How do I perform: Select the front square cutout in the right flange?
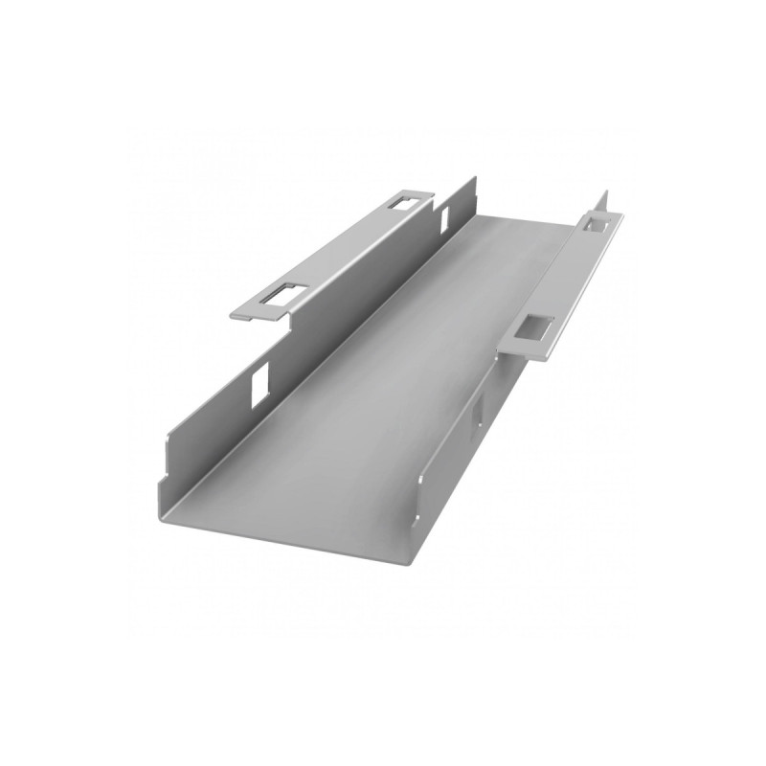pyautogui.click(x=534, y=328)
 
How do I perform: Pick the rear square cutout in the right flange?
pyautogui.click(x=595, y=223)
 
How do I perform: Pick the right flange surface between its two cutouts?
pyautogui.click(x=565, y=278)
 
